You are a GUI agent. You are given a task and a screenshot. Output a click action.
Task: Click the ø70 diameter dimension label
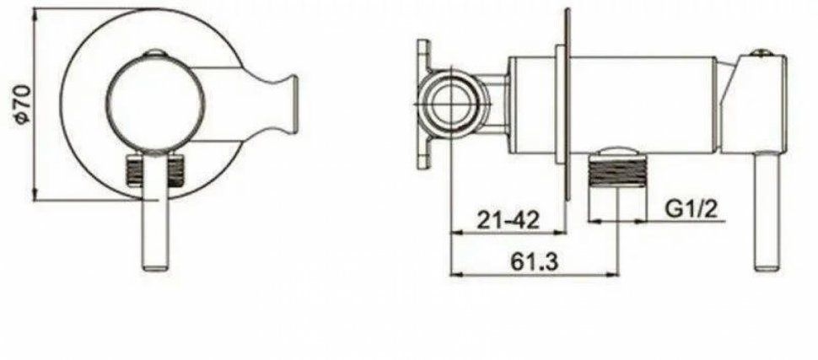click(23, 105)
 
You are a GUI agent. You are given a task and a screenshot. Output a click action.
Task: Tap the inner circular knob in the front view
click(157, 104)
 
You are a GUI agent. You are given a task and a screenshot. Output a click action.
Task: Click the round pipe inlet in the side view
click(452, 105)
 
